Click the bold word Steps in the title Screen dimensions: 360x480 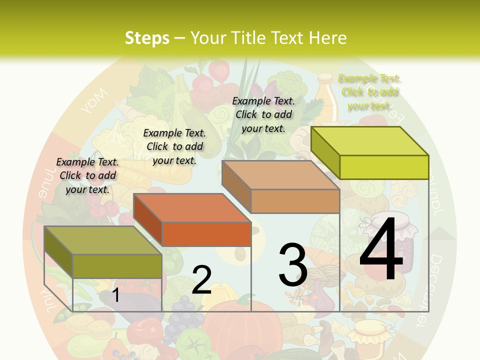click(x=146, y=38)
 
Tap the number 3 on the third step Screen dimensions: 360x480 click(x=292, y=264)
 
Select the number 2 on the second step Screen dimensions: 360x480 click(x=201, y=280)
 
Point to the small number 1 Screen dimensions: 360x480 click(x=115, y=295)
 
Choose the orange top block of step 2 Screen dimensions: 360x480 click(x=192, y=219)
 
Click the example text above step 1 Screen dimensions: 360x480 click(x=88, y=175)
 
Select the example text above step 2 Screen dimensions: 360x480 click(x=174, y=146)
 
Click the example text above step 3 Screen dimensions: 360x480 click(x=263, y=114)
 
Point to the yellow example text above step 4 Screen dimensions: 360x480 click(x=369, y=92)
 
